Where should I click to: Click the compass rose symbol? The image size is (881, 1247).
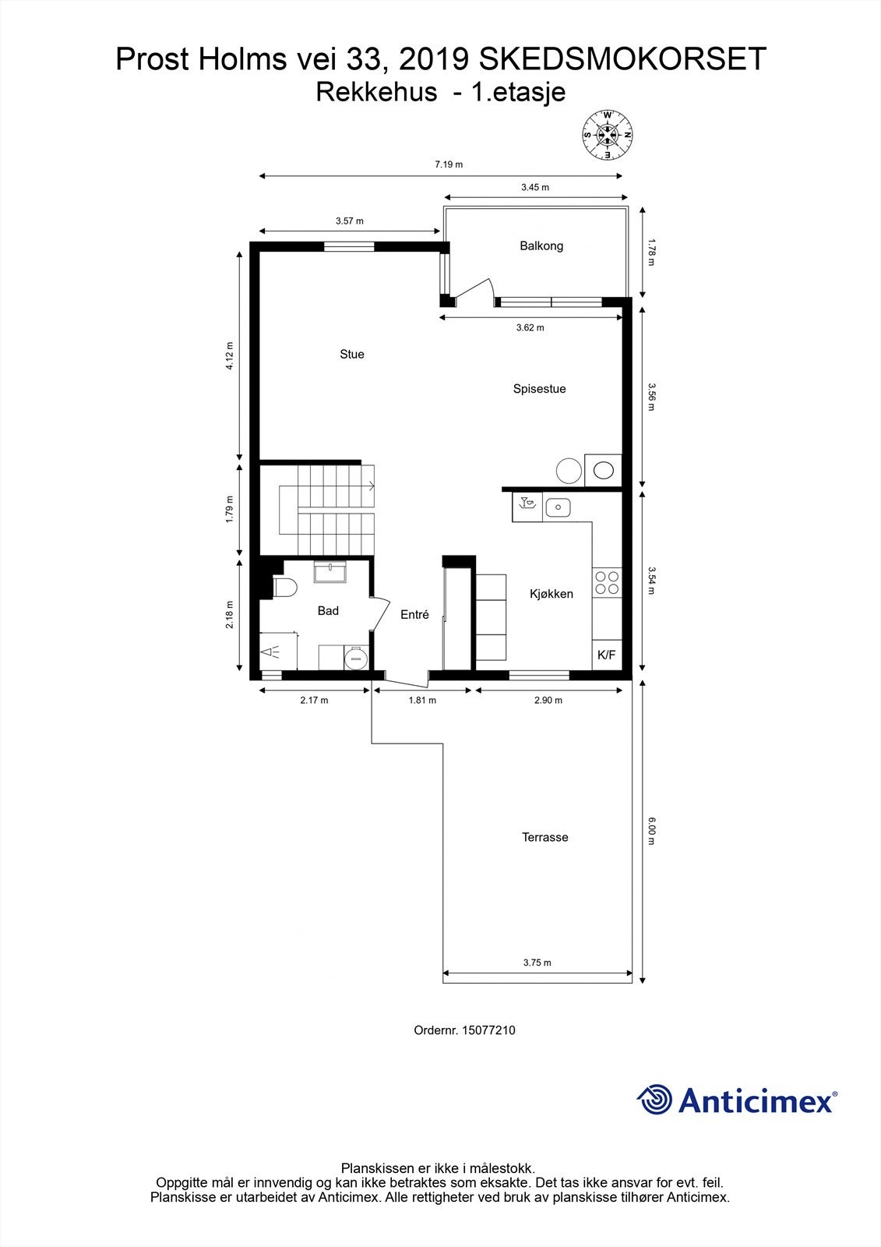coord(608,136)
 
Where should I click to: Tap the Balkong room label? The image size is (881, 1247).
coord(541,246)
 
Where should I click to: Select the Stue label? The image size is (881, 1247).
coord(352,355)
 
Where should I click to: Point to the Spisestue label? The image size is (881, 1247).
coord(539,389)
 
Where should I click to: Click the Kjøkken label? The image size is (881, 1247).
coord(551,594)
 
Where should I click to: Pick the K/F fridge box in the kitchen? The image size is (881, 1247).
coord(606,655)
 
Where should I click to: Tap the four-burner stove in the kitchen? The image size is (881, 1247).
coord(607,583)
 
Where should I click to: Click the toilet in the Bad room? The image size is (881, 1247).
coord(283,588)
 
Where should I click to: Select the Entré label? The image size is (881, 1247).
coord(414,615)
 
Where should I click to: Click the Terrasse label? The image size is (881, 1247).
coord(544,838)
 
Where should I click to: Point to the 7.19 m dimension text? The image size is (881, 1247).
coord(449,164)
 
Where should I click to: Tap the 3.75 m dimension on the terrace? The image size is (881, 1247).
coord(537,963)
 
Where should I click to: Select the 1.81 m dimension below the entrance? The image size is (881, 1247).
coord(422,700)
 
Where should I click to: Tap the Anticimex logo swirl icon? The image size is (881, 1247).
coord(655,1099)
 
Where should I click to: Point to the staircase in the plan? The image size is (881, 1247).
coord(327,509)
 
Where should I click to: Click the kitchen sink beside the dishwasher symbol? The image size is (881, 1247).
coord(558,508)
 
